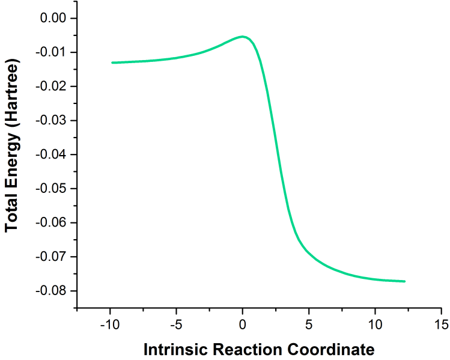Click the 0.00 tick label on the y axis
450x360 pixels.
(53, 19)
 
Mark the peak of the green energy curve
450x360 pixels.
(243, 37)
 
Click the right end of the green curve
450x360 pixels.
(405, 281)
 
